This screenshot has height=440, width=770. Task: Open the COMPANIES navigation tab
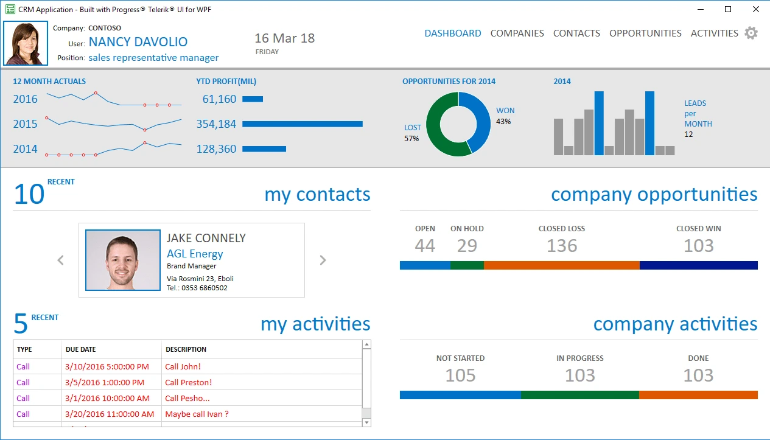517,33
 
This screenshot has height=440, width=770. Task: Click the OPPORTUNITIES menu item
645,33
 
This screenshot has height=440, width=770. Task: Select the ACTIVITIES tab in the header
714,33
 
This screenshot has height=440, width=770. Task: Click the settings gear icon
751,33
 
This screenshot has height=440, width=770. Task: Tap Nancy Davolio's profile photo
26,43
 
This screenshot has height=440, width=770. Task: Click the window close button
755,9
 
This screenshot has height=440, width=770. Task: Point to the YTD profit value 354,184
216,124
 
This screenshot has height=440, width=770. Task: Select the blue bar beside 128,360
264,149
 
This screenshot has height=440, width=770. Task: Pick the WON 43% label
505,116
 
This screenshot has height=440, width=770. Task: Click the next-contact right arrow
323,260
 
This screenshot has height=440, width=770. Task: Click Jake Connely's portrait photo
122,260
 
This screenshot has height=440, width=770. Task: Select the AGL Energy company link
195,254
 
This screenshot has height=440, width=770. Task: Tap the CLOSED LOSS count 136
561,246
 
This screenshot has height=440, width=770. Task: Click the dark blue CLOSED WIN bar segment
698,265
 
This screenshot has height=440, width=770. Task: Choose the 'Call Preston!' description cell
188,383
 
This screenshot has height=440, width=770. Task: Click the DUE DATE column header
80,349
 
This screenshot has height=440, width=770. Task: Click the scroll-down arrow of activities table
366,422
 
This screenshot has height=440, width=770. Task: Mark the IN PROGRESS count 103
579,375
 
